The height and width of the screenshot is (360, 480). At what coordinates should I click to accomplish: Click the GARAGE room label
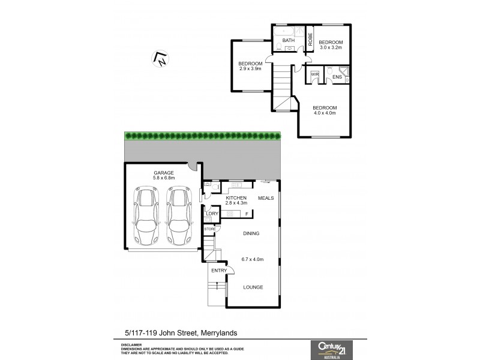pyautogui.click(x=163, y=173)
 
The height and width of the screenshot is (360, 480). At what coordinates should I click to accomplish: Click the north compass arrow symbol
pyautogui.click(x=161, y=58)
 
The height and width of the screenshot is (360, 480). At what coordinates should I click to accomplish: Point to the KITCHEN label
pyautogui.click(x=236, y=198)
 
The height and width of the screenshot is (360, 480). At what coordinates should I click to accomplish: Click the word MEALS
pyautogui.click(x=265, y=198)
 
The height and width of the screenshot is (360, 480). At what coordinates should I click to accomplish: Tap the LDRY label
pyautogui.click(x=212, y=213)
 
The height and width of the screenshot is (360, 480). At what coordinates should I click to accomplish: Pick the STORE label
pyautogui.click(x=210, y=229)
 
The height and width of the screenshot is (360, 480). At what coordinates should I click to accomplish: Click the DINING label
pyautogui.click(x=251, y=233)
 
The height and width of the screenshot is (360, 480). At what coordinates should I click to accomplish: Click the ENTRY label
pyautogui.click(x=219, y=271)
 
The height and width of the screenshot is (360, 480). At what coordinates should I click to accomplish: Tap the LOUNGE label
pyautogui.click(x=253, y=287)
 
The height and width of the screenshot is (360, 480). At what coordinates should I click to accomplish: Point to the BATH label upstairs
pyautogui.click(x=289, y=41)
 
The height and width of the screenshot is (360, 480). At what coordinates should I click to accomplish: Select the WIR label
pyautogui.click(x=314, y=74)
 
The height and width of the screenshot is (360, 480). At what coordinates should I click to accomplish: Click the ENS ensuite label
pyautogui.click(x=337, y=77)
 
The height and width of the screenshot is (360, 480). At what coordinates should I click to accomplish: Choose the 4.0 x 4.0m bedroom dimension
pyautogui.click(x=324, y=113)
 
